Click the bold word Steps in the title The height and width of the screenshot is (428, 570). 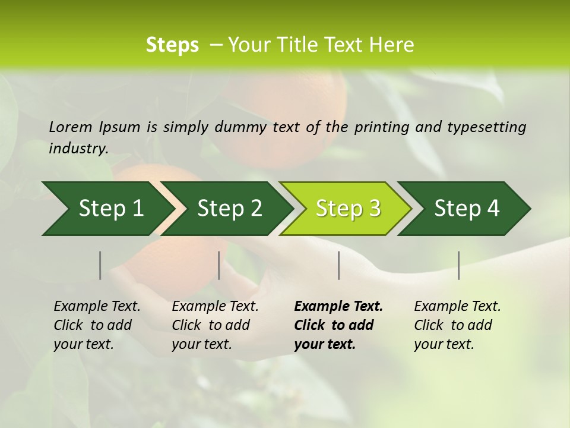tap(172, 45)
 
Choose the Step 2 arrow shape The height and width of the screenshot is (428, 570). tap(229, 209)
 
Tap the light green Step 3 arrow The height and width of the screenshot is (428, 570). tap(348, 209)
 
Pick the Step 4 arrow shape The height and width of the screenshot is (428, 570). tap(467, 209)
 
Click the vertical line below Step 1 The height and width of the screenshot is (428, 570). tap(100, 265)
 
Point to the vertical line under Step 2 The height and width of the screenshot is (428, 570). tap(219, 265)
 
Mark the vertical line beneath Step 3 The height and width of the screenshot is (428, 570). tap(338, 265)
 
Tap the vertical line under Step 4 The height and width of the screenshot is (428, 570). tap(459, 265)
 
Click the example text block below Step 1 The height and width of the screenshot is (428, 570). tap(97, 325)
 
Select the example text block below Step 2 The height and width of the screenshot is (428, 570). tap(215, 325)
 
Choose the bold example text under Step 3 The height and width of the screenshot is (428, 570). tap(338, 325)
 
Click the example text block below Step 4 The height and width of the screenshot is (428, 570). tap(457, 325)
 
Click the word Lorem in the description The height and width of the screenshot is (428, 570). tap(70, 127)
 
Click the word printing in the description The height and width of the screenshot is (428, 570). tap(380, 127)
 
